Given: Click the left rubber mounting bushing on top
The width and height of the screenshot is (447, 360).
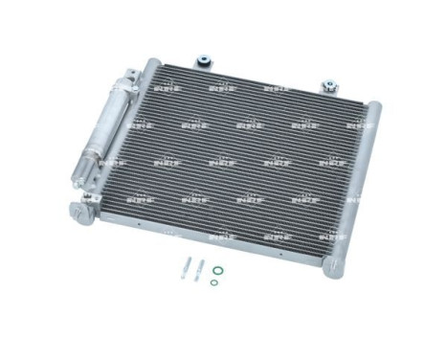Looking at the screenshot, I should (x=203, y=59).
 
